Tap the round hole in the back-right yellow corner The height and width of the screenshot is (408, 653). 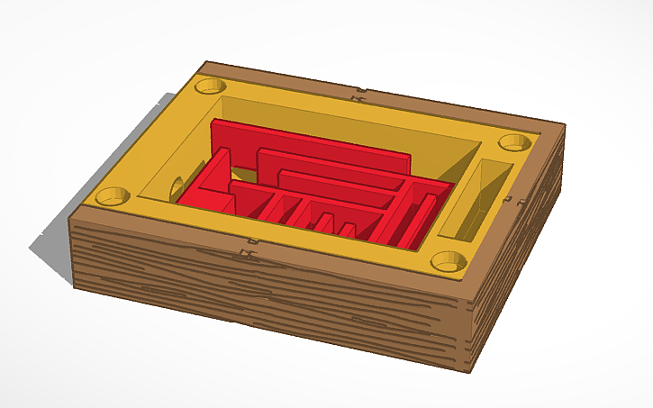click(x=513, y=142)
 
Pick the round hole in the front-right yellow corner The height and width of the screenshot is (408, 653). click(x=449, y=261)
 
